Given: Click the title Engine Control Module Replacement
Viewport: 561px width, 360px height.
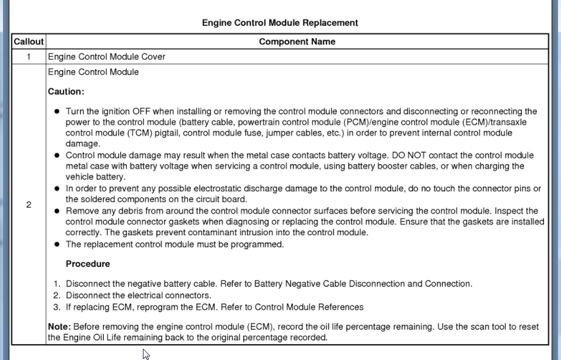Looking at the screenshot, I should (280, 23).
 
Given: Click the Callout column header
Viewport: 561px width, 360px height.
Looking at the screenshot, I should (28, 42).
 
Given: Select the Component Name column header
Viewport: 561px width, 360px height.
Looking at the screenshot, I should (297, 42).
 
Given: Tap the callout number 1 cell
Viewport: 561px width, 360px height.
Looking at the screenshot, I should (28, 57).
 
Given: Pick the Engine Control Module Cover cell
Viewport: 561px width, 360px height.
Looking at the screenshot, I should (106, 57).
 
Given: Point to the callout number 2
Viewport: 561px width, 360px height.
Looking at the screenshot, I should (28, 205).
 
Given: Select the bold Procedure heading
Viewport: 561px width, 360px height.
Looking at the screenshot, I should (88, 264).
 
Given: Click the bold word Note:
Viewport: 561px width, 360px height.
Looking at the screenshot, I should (59, 326).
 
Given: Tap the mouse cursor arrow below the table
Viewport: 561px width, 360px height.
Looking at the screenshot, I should (145, 353).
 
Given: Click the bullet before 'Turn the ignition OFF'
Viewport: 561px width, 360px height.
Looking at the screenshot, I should (57, 111).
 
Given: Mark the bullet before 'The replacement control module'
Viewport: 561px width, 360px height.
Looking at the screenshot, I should (57, 244).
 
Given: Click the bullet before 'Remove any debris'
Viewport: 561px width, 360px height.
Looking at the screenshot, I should (57, 211).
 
